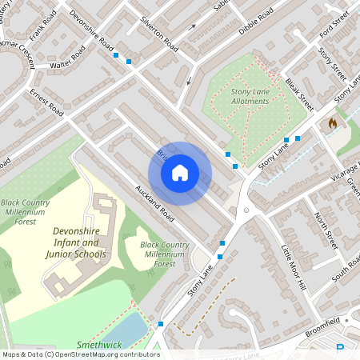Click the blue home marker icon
pyautogui.click(x=180, y=172)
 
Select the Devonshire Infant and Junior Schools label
pyautogui.click(x=79, y=242)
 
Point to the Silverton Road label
pyautogui.click(x=158, y=34)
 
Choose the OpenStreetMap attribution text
pyautogui.click(x=81, y=354)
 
